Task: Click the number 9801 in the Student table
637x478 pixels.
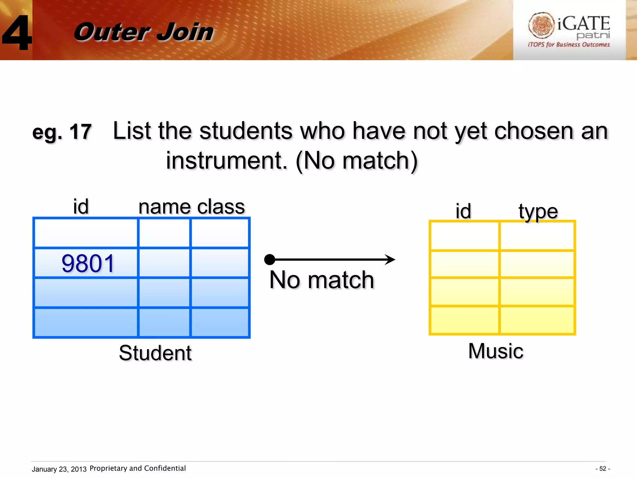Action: [x=88, y=264]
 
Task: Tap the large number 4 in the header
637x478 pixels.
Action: [x=17, y=33]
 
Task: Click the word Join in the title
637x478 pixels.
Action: [x=185, y=32]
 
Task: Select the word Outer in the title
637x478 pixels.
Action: [x=112, y=32]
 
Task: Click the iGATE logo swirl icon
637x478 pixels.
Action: [x=541, y=25]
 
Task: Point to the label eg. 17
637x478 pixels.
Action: [x=62, y=132]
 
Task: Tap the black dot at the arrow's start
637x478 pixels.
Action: [x=269, y=260]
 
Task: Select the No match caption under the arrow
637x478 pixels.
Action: [x=322, y=280]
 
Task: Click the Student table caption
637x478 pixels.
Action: [x=155, y=353]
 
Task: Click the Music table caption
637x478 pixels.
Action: [x=496, y=351]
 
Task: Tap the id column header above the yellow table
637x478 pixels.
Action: [x=463, y=211]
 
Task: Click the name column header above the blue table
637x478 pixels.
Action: [x=165, y=207]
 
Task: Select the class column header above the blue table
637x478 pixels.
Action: [x=221, y=207]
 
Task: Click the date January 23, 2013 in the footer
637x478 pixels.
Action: [x=59, y=469]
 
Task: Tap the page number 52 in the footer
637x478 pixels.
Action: [x=603, y=469]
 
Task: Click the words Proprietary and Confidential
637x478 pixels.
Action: [x=137, y=468]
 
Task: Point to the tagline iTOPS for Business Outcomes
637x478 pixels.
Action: [x=569, y=45]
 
